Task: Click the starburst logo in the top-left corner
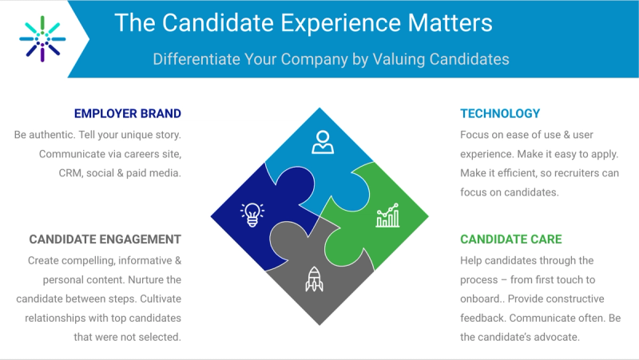tap(42, 39)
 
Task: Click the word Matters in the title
tap(450, 23)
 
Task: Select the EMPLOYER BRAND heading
tap(128, 113)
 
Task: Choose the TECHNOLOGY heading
tap(500, 113)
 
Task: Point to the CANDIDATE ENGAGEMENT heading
tap(105, 239)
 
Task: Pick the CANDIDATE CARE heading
tap(511, 239)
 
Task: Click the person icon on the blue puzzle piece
tap(323, 142)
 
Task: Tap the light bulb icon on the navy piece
tap(252, 214)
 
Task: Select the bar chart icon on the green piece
tap(387, 215)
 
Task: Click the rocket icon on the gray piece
tap(314, 279)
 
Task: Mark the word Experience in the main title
tap(341, 24)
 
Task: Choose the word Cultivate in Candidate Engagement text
tap(161, 299)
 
